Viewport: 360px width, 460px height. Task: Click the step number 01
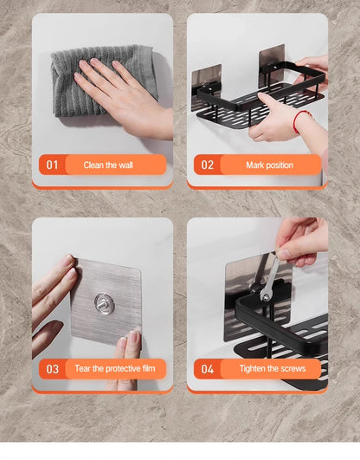click(51, 165)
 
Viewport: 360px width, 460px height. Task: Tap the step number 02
click(208, 165)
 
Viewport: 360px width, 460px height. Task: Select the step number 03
click(52, 369)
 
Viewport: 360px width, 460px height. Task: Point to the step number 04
click(208, 369)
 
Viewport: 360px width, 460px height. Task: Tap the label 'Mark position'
click(269, 165)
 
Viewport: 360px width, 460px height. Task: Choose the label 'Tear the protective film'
click(114, 369)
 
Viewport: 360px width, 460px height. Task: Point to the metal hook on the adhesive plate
click(105, 303)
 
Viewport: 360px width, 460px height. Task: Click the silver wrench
click(270, 282)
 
